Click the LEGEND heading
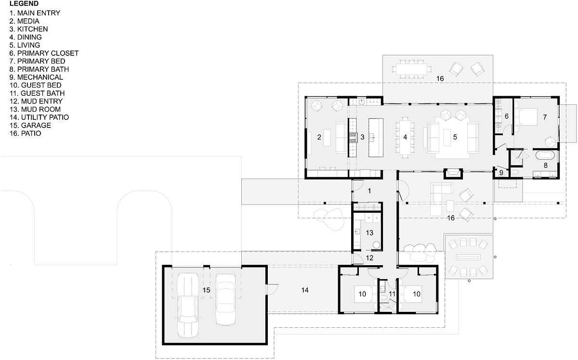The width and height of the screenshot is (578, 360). tap(24, 4)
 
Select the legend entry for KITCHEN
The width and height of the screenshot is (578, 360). tap(28, 29)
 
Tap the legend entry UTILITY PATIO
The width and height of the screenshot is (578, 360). tap(39, 117)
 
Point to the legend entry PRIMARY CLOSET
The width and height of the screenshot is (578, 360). tap(44, 53)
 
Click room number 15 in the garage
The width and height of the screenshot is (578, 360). tap(206, 290)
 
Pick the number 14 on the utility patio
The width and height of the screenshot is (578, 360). tap(305, 290)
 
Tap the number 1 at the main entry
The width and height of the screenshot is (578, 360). tap(369, 191)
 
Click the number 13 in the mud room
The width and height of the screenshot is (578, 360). tap(369, 233)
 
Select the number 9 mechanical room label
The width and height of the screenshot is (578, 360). tap(501, 173)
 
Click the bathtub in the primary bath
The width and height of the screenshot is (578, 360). tap(545, 155)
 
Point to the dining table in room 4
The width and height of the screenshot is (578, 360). tap(405, 137)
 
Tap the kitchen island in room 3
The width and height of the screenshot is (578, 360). tap(376, 138)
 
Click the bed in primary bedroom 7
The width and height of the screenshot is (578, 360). tap(526, 117)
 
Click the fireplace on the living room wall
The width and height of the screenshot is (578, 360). tap(453, 173)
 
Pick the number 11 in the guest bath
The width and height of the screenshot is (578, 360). tap(392, 294)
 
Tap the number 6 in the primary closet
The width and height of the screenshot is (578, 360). tap(507, 116)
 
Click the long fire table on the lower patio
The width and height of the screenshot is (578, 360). tap(469, 257)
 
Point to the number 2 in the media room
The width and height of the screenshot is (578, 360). tap(319, 137)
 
